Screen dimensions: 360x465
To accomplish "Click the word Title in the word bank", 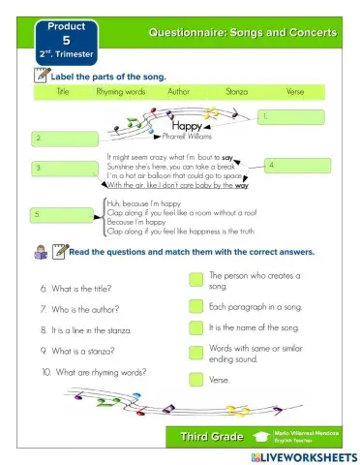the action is pos(63,91).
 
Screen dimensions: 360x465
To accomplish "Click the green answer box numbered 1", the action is pos(290,117).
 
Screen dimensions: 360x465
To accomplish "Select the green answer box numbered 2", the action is pos(64,139).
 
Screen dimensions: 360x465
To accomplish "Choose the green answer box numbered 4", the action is pos(299,166).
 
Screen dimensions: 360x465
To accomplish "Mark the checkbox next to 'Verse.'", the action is pos(195,379).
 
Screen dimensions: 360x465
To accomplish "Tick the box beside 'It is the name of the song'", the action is pos(195,329).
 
